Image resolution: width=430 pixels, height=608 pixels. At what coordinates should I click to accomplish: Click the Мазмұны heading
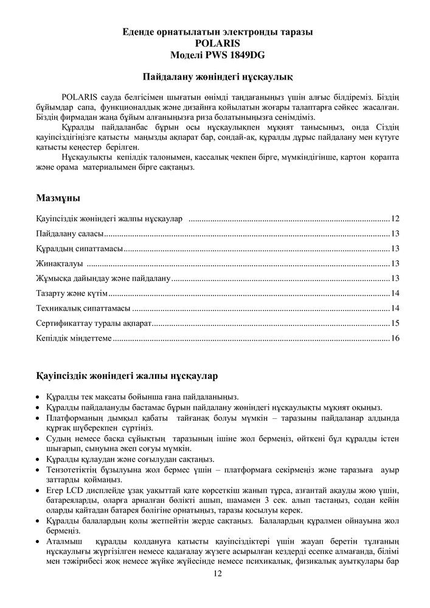[x=58, y=198]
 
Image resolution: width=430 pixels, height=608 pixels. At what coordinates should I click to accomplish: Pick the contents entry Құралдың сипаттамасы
[x=80, y=249]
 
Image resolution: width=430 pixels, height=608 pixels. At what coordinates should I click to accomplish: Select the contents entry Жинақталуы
[x=60, y=263]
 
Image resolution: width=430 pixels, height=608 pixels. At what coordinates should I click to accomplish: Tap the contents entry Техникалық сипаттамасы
[x=83, y=308]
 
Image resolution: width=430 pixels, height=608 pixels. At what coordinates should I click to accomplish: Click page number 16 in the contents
[x=395, y=338]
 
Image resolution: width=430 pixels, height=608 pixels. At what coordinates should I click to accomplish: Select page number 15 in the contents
[x=395, y=323]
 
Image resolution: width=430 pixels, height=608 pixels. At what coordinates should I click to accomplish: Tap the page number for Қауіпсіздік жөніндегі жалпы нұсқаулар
[x=395, y=218]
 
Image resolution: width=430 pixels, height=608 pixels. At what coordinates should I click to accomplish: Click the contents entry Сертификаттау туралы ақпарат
[x=93, y=323]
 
